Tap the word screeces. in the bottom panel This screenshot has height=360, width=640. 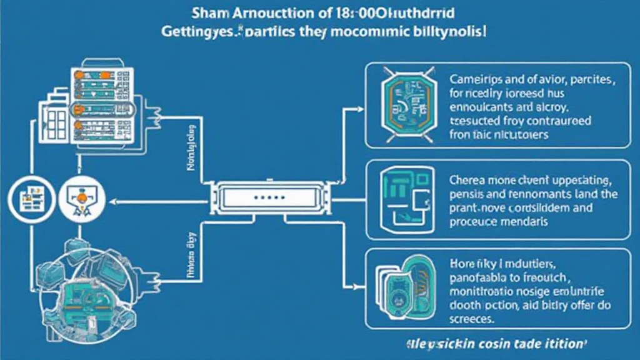pyautogui.click(x=470, y=319)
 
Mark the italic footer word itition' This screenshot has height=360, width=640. pyautogui.click(x=566, y=343)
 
